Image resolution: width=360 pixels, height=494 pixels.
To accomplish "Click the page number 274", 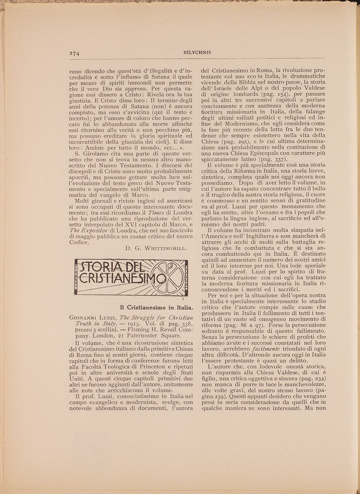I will click(x=74, y=53).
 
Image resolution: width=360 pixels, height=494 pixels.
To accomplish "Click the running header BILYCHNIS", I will click(x=197, y=52).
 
